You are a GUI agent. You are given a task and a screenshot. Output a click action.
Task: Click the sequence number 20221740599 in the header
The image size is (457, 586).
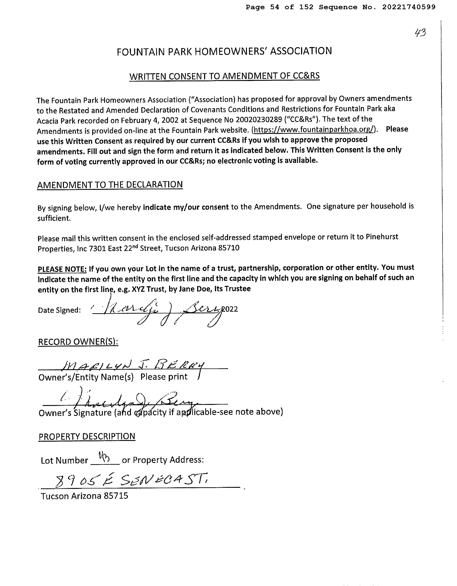(409, 7)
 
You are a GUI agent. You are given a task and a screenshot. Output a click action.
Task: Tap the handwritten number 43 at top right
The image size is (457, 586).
(420, 33)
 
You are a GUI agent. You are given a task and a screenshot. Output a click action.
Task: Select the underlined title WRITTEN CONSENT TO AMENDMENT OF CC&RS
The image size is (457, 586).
(224, 76)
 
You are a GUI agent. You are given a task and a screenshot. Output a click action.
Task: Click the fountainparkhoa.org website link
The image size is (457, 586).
(314, 130)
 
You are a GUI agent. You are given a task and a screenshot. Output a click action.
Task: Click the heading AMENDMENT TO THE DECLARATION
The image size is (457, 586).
(110, 185)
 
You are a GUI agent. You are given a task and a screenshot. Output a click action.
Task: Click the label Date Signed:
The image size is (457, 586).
(59, 310)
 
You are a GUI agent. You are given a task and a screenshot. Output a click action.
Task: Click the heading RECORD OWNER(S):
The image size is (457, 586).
(78, 342)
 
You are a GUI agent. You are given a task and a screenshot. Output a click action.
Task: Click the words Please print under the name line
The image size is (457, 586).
(164, 377)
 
